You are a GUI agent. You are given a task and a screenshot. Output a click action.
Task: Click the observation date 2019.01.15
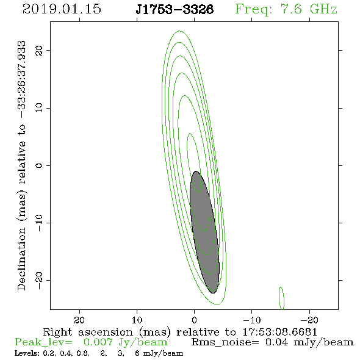pyautogui.click(x=62, y=9)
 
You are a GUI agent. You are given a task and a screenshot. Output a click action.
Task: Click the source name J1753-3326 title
pyautogui.click(x=175, y=9)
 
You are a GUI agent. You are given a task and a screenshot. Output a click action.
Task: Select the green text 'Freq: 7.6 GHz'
pyautogui.click(x=286, y=9)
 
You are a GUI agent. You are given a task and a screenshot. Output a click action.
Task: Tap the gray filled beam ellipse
pyautogui.click(x=204, y=232)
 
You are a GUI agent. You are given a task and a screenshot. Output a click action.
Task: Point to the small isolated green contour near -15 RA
pyautogui.click(x=281, y=298)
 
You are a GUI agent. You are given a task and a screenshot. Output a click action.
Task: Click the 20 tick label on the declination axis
pyautogui.click(x=39, y=51)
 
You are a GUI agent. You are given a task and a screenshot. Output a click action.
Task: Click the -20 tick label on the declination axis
pyautogui.click(x=39, y=281)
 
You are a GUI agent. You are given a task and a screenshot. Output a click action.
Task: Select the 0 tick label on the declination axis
pyautogui.click(x=39, y=165)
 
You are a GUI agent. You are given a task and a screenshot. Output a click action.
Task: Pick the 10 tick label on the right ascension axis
pyautogui.click(x=137, y=320)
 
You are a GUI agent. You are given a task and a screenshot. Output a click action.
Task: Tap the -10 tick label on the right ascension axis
pyautogui.click(x=252, y=320)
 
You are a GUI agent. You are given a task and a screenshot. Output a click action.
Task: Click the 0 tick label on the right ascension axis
pyautogui.click(x=194, y=320)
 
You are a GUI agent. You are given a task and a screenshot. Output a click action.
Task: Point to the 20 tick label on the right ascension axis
pyautogui.click(x=79, y=320)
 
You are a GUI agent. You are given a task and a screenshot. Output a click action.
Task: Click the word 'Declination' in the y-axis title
pyautogui.click(x=21, y=259)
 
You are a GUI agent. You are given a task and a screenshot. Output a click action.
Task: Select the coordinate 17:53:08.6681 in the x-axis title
pyautogui.click(x=279, y=332)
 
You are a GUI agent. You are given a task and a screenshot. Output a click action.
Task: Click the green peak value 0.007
pyautogui.click(x=98, y=342)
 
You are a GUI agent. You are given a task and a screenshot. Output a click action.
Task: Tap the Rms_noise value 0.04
pyautogui.click(x=276, y=342)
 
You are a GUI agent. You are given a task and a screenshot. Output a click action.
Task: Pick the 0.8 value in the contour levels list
pyautogui.click(x=83, y=353)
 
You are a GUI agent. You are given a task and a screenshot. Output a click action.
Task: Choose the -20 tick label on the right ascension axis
pyautogui.click(x=309, y=320)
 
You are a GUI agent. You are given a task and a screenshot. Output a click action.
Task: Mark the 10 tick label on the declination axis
pyautogui.click(x=39, y=108)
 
